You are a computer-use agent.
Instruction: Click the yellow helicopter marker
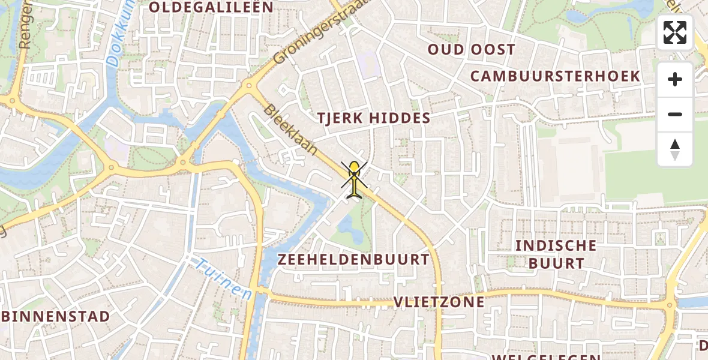point(354,178)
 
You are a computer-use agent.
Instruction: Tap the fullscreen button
point(675,32)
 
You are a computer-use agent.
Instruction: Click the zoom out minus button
point(675,114)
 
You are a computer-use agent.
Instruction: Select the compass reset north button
point(675,149)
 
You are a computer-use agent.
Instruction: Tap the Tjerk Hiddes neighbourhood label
point(374,118)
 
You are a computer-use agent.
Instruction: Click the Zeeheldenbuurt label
point(353,260)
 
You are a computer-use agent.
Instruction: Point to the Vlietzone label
point(439,302)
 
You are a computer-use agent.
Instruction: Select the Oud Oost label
point(471,50)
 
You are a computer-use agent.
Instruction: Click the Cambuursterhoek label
point(555,76)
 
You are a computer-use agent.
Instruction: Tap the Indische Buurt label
point(556,254)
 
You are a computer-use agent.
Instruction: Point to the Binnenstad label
point(55,316)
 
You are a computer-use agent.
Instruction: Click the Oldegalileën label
point(211,7)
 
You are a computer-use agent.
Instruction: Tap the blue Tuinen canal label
point(223,280)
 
